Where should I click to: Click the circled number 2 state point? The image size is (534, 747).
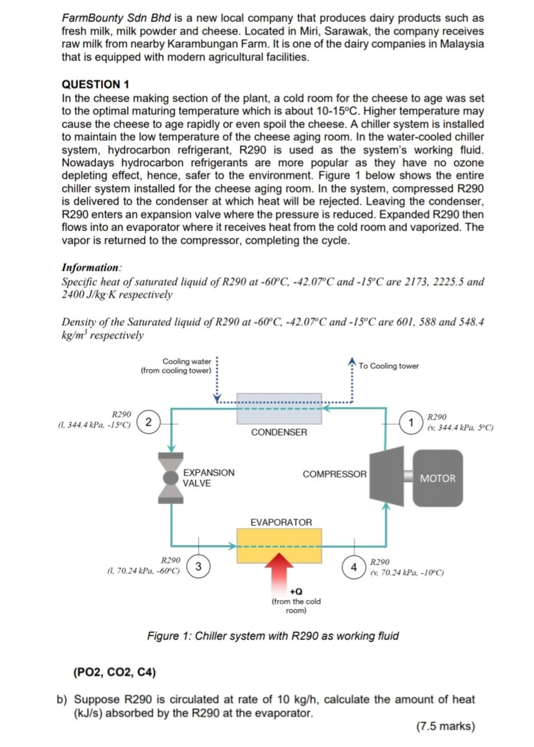148,422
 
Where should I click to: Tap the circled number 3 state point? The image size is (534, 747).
198,566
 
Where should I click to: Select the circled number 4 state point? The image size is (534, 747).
354,568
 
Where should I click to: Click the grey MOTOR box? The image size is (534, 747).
437,478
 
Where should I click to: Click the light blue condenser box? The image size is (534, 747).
279,409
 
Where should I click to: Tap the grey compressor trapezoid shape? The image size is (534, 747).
386,475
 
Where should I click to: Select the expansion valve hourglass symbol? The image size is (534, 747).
171,478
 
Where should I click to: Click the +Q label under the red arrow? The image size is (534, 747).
296,592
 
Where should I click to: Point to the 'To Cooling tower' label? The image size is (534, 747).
388,366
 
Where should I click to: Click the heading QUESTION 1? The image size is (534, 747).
96,84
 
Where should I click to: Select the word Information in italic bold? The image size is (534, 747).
90,268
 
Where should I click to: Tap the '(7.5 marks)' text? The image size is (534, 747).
445,726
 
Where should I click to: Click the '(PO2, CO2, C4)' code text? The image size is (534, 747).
115,672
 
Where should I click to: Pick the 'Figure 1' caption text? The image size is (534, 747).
273,636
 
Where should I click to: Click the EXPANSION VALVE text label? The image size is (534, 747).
208,478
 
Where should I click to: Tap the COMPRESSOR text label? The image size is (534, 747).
334,474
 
